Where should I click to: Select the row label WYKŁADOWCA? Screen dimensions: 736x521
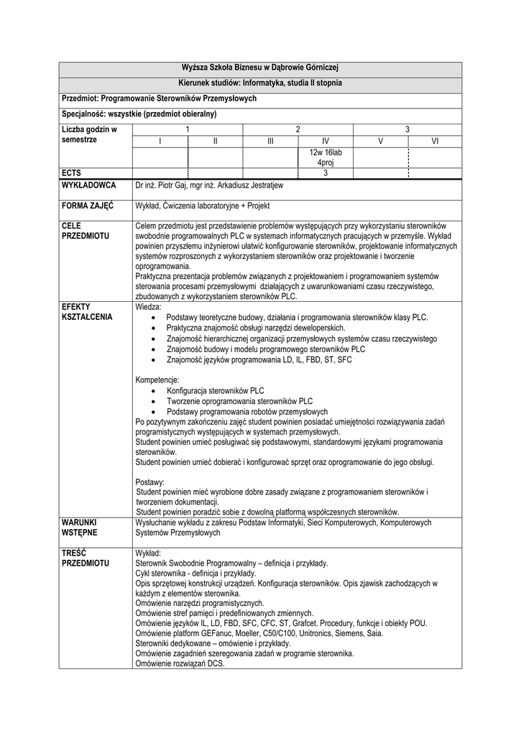pos(90,185)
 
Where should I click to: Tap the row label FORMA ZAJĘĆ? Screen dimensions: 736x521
pos(88,205)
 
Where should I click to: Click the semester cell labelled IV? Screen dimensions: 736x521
pos(326,142)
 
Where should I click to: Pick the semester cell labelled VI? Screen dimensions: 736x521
pos(435,142)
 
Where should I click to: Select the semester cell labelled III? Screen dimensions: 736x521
pos(270,142)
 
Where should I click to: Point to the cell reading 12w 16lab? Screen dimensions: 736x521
pos(326,153)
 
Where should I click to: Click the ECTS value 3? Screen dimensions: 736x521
pos(326,172)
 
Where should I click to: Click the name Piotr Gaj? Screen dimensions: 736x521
pos(173,185)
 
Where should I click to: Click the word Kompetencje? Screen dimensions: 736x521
pos(157,379)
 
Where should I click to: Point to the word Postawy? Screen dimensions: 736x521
pos(149,481)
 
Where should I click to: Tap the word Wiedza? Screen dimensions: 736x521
pos(149,306)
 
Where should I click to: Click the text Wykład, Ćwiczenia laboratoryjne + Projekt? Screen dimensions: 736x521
pos(202,205)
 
